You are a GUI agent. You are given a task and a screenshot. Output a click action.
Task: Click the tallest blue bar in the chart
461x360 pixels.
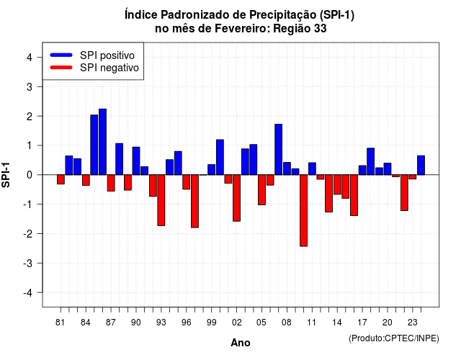click(x=102, y=142)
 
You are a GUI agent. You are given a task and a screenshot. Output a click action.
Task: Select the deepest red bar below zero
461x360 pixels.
click(x=304, y=210)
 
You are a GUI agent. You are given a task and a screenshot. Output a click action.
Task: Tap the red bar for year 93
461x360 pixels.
click(x=161, y=200)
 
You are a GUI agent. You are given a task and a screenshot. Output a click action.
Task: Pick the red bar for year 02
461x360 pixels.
click(x=237, y=198)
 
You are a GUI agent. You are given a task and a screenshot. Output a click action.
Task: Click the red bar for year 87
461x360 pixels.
click(x=111, y=183)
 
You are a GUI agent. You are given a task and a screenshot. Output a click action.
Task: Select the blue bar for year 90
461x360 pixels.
click(x=136, y=161)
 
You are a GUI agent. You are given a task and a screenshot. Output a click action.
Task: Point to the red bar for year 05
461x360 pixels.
click(x=261, y=190)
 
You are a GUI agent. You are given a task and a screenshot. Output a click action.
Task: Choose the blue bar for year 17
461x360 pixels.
click(x=362, y=170)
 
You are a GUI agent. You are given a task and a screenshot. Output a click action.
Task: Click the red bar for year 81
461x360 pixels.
click(x=61, y=179)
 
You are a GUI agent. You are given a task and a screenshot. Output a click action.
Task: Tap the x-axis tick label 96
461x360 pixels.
click(x=186, y=323)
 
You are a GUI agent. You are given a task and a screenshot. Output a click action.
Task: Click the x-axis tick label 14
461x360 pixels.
click(x=337, y=323)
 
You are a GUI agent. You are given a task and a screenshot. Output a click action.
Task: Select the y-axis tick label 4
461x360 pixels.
click(x=30, y=57)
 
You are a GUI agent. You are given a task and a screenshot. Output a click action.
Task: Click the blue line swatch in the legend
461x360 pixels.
click(x=61, y=55)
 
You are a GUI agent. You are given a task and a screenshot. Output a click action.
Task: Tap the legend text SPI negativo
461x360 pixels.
click(x=109, y=68)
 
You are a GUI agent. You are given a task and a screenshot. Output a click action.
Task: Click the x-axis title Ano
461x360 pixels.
click(x=241, y=343)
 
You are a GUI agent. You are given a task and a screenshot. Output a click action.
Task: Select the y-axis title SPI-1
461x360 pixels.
click(x=6, y=175)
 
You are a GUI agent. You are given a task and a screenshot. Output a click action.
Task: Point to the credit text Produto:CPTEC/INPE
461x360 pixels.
click(x=394, y=338)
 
